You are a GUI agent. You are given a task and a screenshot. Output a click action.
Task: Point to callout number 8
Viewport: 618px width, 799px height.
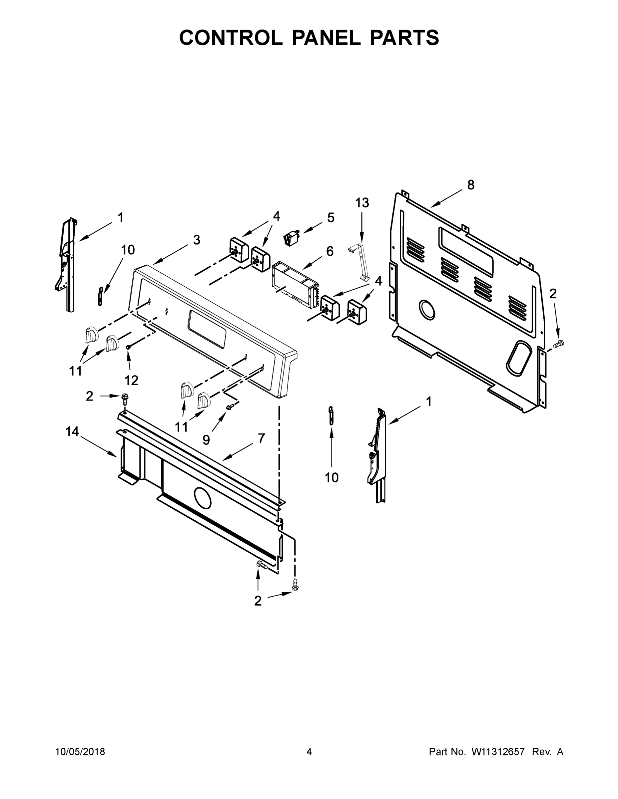click(471, 185)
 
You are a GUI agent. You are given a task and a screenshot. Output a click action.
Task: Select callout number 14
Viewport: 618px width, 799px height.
click(72, 432)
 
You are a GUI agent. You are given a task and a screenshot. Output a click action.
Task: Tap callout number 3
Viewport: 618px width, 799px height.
click(197, 240)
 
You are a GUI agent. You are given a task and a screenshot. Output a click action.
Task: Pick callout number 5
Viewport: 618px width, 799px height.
click(330, 218)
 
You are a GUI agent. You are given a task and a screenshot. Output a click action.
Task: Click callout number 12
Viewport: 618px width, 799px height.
click(131, 381)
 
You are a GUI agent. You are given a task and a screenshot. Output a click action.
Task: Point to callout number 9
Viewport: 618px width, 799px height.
click(206, 440)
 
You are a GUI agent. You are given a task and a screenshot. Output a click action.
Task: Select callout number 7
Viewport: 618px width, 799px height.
click(261, 438)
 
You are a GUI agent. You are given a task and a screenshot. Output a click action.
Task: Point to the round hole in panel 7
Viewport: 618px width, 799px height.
click(203, 498)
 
